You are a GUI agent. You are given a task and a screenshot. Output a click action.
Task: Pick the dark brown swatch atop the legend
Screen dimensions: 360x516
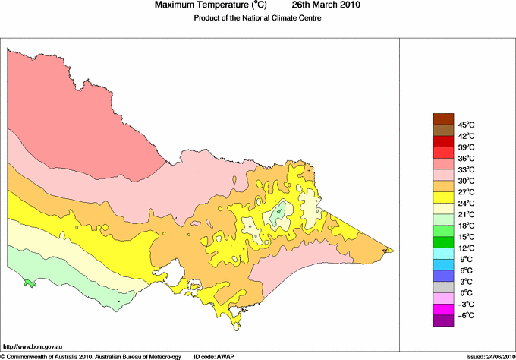442,118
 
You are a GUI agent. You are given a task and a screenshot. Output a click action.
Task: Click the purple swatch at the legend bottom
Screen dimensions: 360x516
442,321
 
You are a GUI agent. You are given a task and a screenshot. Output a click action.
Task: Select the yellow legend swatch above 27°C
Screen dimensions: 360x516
442,197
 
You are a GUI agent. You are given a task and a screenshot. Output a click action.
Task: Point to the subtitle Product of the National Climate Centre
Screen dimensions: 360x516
258,18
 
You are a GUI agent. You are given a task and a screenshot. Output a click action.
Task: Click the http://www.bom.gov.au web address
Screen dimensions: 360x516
38,346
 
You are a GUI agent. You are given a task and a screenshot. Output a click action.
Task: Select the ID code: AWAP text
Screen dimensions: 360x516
216,355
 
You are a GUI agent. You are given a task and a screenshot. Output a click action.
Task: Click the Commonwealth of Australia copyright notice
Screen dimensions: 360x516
91,355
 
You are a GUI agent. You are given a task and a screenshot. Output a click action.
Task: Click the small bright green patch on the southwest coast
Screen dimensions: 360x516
29,283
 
